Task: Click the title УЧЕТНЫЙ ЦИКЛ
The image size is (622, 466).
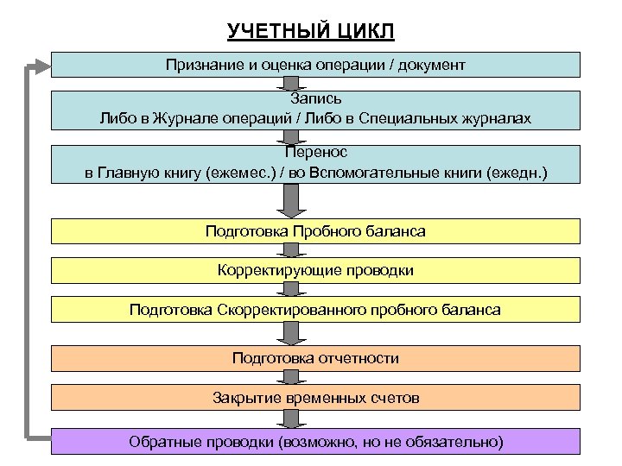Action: pyautogui.click(x=311, y=32)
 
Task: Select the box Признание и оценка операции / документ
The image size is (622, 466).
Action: pyautogui.click(x=315, y=65)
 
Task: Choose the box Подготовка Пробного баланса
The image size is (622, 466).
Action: pyautogui.click(x=315, y=231)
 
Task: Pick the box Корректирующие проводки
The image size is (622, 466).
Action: pyautogui.click(x=315, y=270)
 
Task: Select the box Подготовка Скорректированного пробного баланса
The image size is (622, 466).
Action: pyautogui.click(x=315, y=309)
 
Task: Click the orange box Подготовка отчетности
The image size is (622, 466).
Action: pyautogui.click(x=315, y=357)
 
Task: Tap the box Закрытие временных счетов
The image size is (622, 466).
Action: pyautogui.click(x=315, y=397)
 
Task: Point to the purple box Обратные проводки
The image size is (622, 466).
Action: pyautogui.click(x=315, y=441)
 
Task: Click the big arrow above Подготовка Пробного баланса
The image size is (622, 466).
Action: pyautogui.click(x=291, y=201)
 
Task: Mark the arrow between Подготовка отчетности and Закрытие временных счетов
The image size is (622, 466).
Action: pyautogui.click(x=291, y=377)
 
